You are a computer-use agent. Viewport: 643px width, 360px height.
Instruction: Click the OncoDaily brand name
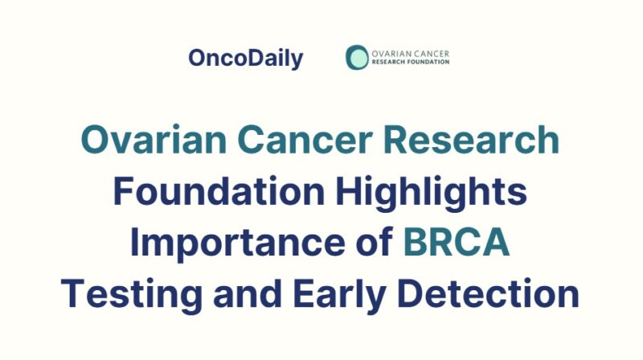coord(246,58)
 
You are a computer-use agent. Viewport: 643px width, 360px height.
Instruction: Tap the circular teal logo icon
coord(357,57)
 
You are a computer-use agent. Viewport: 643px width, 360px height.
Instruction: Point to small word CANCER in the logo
coord(431,53)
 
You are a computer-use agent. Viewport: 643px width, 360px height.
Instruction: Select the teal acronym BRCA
coord(457,243)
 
